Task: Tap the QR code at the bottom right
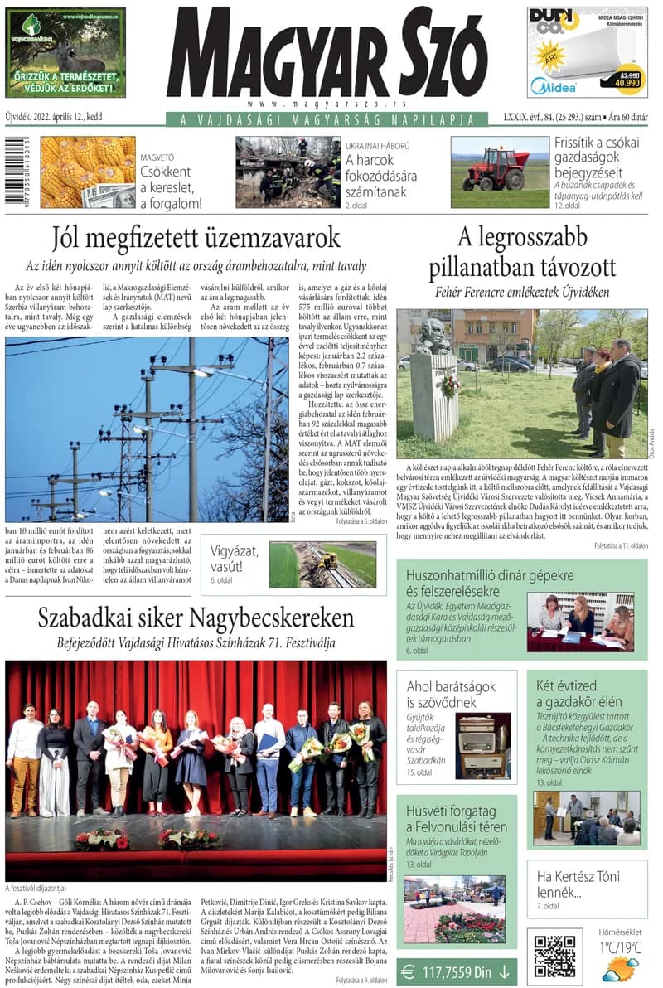pos(554,956)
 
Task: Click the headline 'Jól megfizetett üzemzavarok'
pos(196,238)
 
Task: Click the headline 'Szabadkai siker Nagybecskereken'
pos(196,617)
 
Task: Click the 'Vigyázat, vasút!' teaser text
pos(236,558)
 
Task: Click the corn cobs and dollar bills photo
pos(87,172)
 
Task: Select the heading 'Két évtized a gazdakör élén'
pos(578,695)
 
